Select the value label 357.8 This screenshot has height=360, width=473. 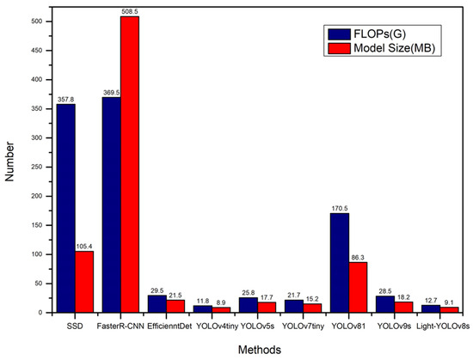pos(65,100)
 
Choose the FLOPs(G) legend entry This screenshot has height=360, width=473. pos(378,34)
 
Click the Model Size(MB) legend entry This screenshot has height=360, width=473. pos(388,48)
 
